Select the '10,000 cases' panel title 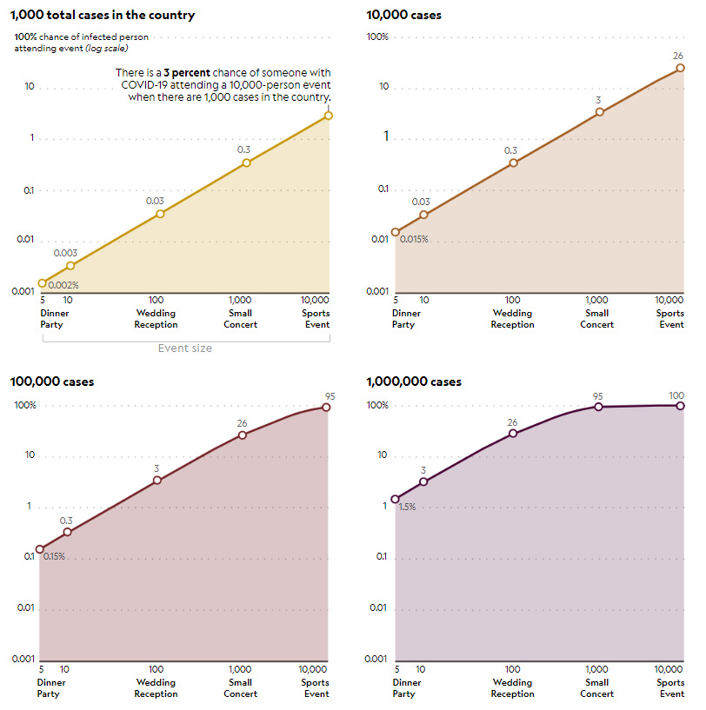(x=404, y=15)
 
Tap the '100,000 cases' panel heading (x=52, y=382)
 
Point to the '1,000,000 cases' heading (x=414, y=382)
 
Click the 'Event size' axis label (x=184, y=348)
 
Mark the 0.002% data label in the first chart (x=63, y=285)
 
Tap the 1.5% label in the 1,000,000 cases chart (x=407, y=507)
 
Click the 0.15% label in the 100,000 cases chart (x=54, y=556)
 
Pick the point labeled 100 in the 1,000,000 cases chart (x=681, y=405)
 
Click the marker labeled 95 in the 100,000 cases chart (x=327, y=407)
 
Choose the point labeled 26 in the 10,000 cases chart (x=681, y=68)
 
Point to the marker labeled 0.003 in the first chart (x=70, y=265)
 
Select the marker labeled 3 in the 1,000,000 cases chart (x=423, y=481)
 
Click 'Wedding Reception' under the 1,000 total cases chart (x=157, y=319)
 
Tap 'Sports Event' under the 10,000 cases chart (x=670, y=319)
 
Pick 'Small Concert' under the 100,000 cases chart (x=241, y=688)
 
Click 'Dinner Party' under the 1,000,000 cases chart (x=404, y=688)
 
